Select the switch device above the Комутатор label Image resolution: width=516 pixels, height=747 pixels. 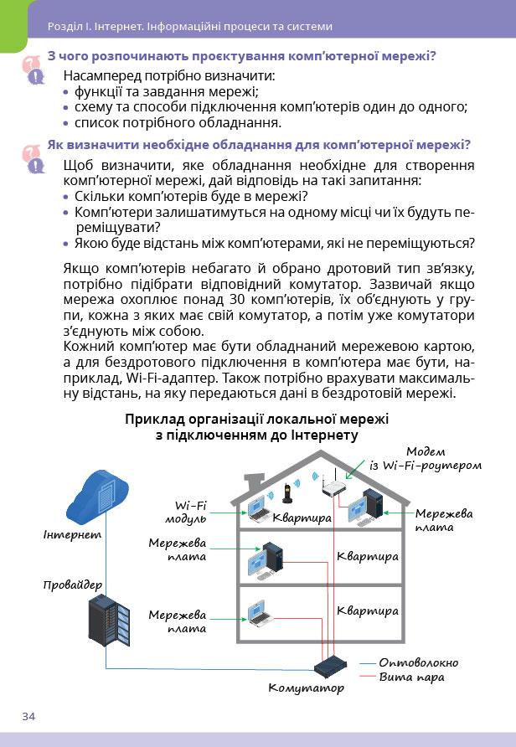pyautogui.click(x=328, y=667)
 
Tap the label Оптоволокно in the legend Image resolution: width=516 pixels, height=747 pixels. pyautogui.click(x=418, y=662)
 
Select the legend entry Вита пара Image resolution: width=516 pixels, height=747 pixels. pyautogui.click(x=411, y=677)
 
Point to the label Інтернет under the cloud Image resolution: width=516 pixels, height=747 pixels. pyautogui.click(x=72, y=533)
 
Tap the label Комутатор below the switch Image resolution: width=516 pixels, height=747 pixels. pyautogui.click(x=306, y=688)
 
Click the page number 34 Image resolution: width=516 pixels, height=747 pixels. pyautogui.click(x=29, y=715)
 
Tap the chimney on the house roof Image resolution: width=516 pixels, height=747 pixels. pyautogui.click(x=250, y=485)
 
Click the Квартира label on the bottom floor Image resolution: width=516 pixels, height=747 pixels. pyautogui.click(x=368, y=611)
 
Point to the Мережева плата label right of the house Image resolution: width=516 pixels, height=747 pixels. pyautogui.click(x=444, y=519)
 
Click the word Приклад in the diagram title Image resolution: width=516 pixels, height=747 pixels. pyautogui.click(x=153, y=419)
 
